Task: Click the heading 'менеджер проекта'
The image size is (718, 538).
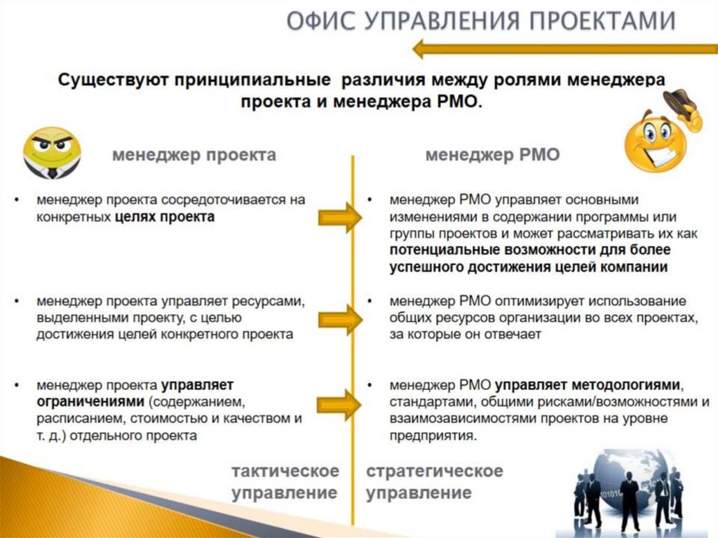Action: pyautogui.click(x=194, y=155)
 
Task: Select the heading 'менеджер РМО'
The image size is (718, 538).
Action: pyautogui.click(x=492, y=155)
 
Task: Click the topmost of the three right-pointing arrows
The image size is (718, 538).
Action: pyautogui.click(x=339, y=217)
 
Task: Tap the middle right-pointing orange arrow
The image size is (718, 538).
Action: pyautogui.click(x=339, y=319)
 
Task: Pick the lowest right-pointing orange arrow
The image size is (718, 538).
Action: pyautogui.click(x=339, y=405)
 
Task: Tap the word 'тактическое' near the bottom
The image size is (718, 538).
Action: pyautogui.click(x=285, y=470)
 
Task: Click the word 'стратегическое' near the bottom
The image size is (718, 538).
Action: pyautogui.click(x=435, y=470)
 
